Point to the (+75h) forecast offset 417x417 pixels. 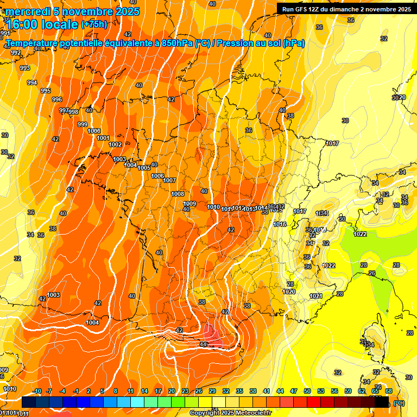point(94,24)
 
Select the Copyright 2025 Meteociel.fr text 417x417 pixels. point(230,413)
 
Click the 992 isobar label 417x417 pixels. point(16,53)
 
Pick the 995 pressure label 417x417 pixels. point(46,91)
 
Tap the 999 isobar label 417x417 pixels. point(83,124)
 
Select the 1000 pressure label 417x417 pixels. point(94,131)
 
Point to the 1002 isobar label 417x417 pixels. point(115,144)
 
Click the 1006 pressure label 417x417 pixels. point(157,176)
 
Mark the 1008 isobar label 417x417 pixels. point(178,194)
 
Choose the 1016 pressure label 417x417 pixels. point(280,224)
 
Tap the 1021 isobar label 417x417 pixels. point(316,296)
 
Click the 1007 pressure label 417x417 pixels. point(169,180)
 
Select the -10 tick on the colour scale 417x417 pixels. point(37,391)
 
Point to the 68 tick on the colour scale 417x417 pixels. point(389,391)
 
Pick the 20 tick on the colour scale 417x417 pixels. point(172,391)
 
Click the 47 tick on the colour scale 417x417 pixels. point(294,391)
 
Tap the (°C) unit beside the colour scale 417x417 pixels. point(399,403)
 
